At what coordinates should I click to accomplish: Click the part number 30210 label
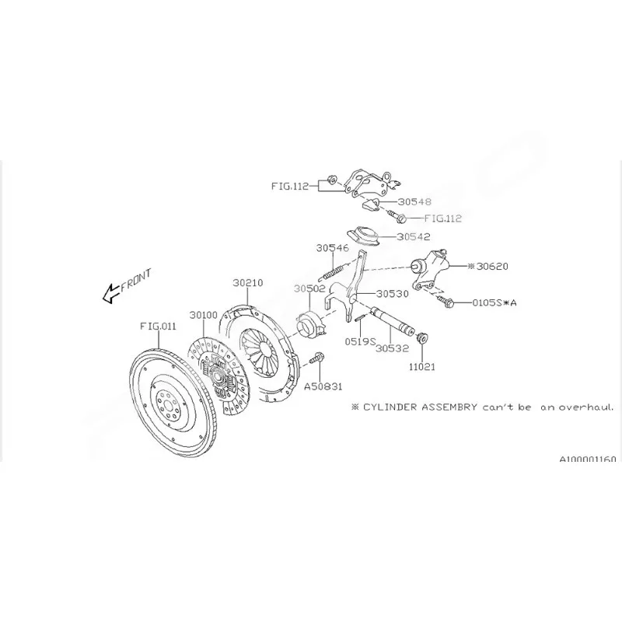coord(247,283)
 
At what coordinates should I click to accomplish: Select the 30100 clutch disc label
coord(203,315)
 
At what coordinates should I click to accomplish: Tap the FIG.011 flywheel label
coord(158,326)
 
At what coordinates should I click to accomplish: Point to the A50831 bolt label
coord(323,386)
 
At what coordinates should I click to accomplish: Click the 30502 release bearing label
coord(309,288)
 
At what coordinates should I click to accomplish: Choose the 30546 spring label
coord(333,248)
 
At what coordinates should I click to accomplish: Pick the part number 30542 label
coord(414,237)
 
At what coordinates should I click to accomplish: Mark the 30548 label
coord(414,201)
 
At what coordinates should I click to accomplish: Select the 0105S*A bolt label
coord(494,302)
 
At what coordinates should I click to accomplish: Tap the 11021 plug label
coord(422,367)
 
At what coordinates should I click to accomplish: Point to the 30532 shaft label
coord(392,348)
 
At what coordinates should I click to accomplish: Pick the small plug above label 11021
coord(423,338)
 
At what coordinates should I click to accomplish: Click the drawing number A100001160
coord(588,459)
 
